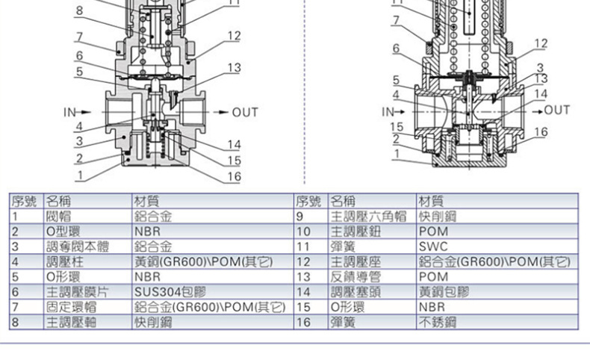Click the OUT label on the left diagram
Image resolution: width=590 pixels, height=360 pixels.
tap(245, 113)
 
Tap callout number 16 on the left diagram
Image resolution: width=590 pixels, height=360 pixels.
tap(235, 176)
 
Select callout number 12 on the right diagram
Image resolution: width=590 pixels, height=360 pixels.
tap(541, 43)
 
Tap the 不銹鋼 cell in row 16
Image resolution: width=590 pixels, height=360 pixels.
tap(438, 323)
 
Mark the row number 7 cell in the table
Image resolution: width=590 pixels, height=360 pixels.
tap(14, 307)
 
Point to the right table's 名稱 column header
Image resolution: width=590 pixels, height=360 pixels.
tap(343, 200)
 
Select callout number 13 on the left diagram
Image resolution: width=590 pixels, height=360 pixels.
tap(234, 68)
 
